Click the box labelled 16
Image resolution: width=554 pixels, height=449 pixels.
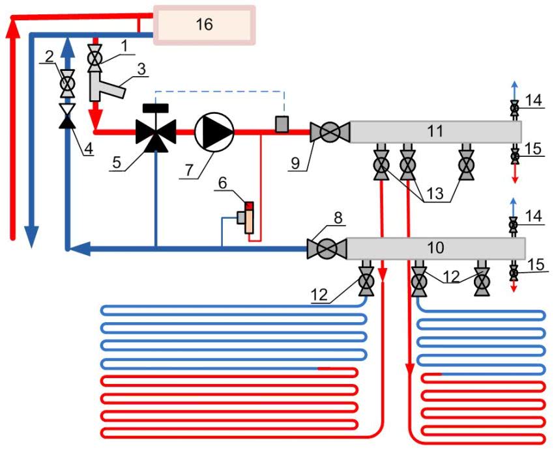tap(203, 25)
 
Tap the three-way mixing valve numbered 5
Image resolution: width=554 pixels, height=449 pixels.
tap(156, 132)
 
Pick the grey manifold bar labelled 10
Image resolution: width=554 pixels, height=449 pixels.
tap(435, 248)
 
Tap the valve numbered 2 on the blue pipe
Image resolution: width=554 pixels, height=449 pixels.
tap(67, 84)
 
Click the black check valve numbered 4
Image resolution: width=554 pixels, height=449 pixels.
tap(67, 116)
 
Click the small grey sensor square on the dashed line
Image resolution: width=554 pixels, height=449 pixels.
tap(282, 124)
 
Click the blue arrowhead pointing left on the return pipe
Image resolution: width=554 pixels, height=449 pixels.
tap(78, 248)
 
